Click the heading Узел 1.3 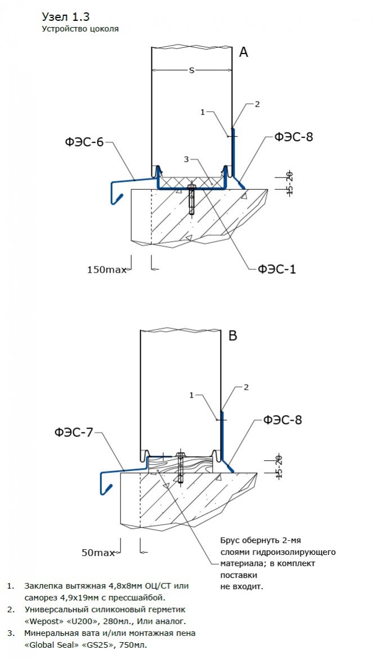coord(65,16)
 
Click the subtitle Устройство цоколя coord(80,28)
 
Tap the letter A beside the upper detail coord(244,52)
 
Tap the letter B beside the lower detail coord(232,336)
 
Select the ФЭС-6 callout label coord(84,142)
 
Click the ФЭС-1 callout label coord(277,269)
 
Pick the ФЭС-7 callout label coord(74,433)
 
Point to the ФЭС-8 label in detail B coord(282,420)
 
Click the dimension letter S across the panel coord(191,70)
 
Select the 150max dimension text coord(107,270)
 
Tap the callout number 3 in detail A coord(187,160)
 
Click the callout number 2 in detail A coord(257,104)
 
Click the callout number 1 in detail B coord(191,395)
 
